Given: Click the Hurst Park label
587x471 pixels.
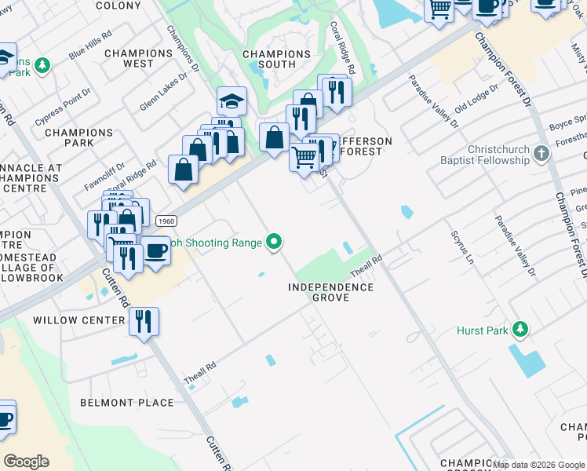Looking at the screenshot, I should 482,331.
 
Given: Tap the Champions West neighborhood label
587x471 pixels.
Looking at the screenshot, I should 138,58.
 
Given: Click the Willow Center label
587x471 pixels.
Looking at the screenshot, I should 79,320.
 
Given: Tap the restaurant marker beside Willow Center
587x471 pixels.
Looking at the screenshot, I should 144,322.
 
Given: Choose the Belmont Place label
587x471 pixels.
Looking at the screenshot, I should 127,403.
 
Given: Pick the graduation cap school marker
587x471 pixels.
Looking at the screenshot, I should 232,100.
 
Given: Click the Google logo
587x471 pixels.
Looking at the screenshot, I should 26,462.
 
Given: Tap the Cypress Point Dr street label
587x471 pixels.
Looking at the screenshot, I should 64,106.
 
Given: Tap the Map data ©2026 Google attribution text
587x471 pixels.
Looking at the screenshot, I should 538,466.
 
